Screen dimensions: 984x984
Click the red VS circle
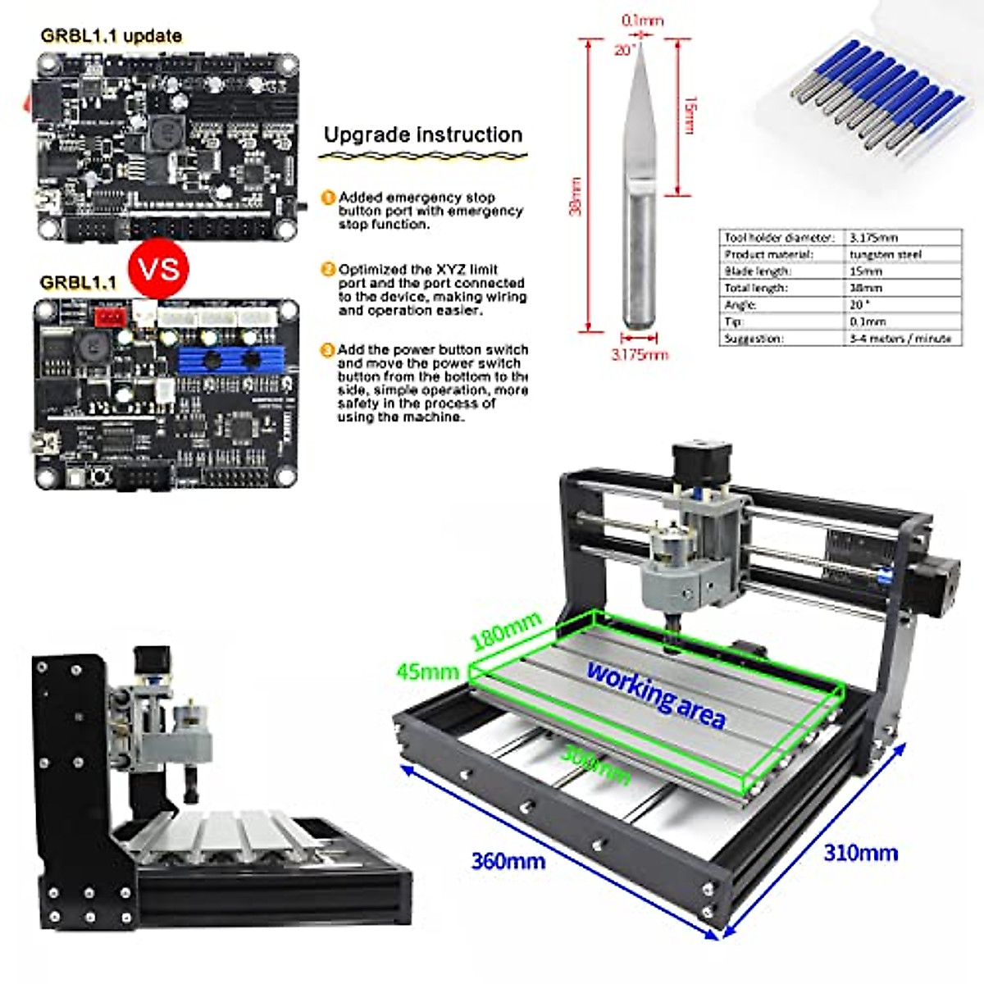tap(158, 268)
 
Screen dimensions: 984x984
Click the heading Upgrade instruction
tap(422, 135)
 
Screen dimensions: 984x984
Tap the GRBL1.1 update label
tap(111, 36)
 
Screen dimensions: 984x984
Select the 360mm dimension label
tap(508, 861)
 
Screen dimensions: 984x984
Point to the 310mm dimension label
tap(860, 853)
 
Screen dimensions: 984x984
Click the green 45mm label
tap(427, 672)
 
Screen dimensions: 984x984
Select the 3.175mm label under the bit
tap(640, 355)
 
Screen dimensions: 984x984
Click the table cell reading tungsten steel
tap(886, 254)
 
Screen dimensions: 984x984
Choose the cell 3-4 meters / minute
tap(900, 338)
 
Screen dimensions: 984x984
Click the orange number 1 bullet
tap(328, 198)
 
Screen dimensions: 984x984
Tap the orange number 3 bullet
tap(327, 350)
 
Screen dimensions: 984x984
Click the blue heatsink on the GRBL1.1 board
tap(231, 358)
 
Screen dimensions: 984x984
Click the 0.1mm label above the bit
tap(642, 20)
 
